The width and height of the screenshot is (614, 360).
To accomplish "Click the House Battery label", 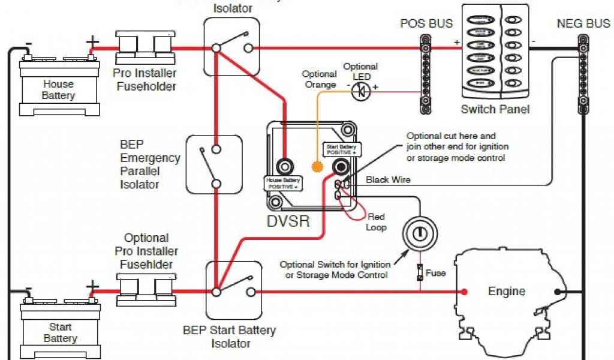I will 58,90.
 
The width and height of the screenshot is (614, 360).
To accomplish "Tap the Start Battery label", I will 60,333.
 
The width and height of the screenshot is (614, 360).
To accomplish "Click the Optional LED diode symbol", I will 361,91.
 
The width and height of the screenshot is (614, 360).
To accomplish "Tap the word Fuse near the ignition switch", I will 435,273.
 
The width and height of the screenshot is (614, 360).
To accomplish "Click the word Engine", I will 507,292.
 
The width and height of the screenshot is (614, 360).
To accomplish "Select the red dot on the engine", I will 464,292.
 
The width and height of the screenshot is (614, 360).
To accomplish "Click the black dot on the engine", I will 558,292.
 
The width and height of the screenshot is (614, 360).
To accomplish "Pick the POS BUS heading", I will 426,25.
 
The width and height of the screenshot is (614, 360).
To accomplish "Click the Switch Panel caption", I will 495,110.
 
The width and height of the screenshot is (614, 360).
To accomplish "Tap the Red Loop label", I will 376,222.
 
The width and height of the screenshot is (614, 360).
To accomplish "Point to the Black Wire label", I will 388,179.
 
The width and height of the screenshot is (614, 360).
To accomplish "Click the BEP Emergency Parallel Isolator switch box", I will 214,164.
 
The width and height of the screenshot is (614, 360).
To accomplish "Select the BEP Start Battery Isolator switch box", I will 234,290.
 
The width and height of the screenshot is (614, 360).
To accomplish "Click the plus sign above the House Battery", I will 93,41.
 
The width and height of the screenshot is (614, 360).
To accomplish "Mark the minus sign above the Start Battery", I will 28,289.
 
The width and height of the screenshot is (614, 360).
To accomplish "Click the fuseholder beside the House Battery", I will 145,48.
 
